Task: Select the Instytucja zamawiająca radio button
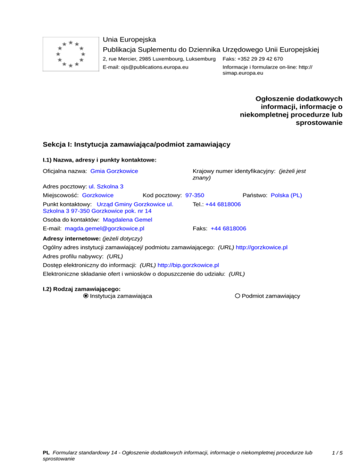pyautogui.click(x=86, y=296)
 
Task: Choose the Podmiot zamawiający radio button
pyautogui.click(x=238, y=296)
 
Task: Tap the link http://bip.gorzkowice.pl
pyautogui.click(x=188, y=264)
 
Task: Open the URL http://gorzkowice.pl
pyautogui.click(x=262, y=247)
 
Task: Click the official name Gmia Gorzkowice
pyautogui.click(x=114, y=171)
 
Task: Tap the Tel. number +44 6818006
pyautogui.click(x=223, y=204)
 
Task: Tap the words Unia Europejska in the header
pyautogui.click(x=129, y=40)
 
